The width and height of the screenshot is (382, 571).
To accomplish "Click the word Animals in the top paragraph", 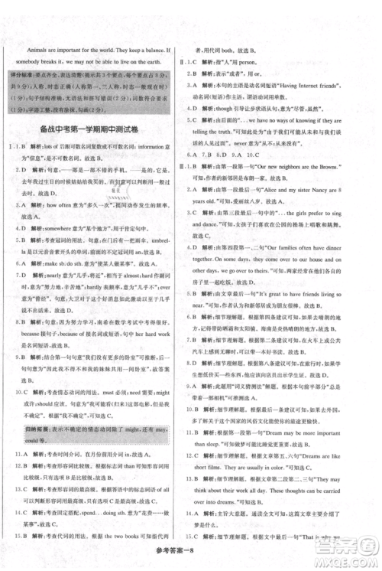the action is click(x=31, y=46).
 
